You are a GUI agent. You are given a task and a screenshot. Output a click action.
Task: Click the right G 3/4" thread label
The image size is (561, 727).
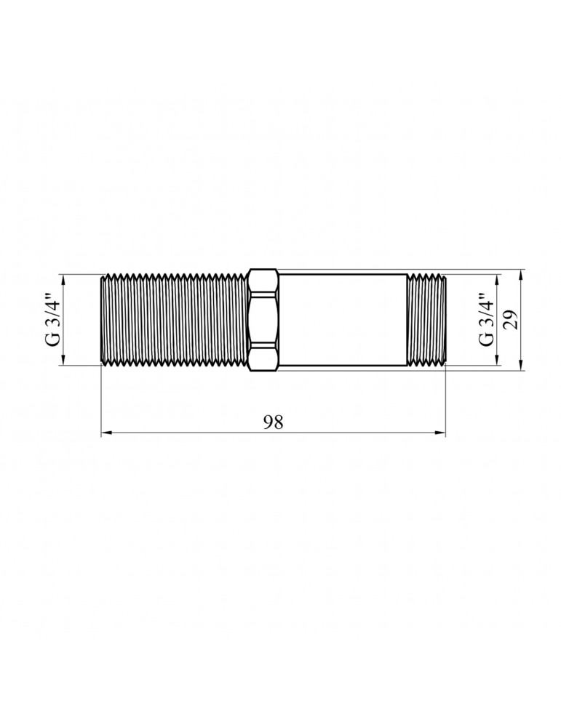pyautogui.click(x=486, y=320)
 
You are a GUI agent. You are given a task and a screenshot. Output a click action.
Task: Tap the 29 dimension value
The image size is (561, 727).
pyautogui.click(x=511, y=320)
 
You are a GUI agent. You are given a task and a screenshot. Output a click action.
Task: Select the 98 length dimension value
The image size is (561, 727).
pyautogui.click(x=273, y=423)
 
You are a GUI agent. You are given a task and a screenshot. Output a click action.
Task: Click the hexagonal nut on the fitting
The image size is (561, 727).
pyautogui.click(x=263, y=320)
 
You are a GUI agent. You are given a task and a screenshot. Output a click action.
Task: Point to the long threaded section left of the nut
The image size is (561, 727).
pyautogui.click(x=173, y=320)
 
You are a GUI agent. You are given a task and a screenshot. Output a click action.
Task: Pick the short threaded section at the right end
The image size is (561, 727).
pyautogui.click(x=426, y=320)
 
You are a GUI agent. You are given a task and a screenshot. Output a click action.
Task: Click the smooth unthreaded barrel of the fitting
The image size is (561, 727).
pyautogui.click(x=342, y=320)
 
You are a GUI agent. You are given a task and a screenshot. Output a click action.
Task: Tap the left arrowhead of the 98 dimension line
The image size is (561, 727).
pyautogui.click(x=105, y=434)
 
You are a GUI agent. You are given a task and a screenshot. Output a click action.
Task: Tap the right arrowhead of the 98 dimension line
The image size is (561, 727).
pyautogui.click(x=440, y=434)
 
